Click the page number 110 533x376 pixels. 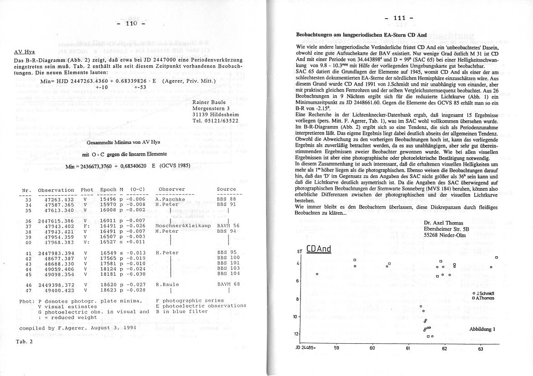coord(131,23)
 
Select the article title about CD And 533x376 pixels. coord(361,35)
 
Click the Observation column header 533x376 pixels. coord(56,189)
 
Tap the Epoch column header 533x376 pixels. coord(108,189)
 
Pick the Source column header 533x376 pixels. coord(226,189)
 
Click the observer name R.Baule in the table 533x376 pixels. coord(167,285)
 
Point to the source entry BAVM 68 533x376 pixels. coord(228,285)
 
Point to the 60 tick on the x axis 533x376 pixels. coord(372,349)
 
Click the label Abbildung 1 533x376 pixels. coord(482,329)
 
